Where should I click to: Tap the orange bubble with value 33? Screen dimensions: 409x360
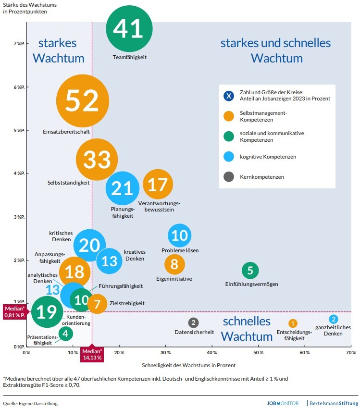(x=97, y=160)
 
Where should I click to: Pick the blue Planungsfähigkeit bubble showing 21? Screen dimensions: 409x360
(x=122, y=188)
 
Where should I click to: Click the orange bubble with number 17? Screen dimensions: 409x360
(x=158, y=185)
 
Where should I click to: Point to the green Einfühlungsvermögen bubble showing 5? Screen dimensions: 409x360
(x=250, y=271)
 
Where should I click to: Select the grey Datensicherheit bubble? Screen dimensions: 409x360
(x=193, y=322)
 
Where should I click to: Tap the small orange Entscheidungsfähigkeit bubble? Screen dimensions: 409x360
(x=293, y=323)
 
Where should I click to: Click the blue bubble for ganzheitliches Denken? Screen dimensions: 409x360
(x=334, y=319)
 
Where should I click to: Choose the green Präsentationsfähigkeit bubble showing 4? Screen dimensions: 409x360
(x=66, y=333)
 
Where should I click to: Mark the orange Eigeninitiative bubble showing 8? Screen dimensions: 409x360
(x=174, y=264)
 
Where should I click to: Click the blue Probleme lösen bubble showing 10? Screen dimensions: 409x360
(x=180, y=235)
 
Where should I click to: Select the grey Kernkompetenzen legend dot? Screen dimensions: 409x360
(x=229, y=177)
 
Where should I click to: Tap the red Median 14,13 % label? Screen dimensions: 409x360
(x=92, y=354)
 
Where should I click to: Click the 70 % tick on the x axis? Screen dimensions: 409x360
(x=351, y=353)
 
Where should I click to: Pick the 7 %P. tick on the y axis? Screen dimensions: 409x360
(x=18, y=44)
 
